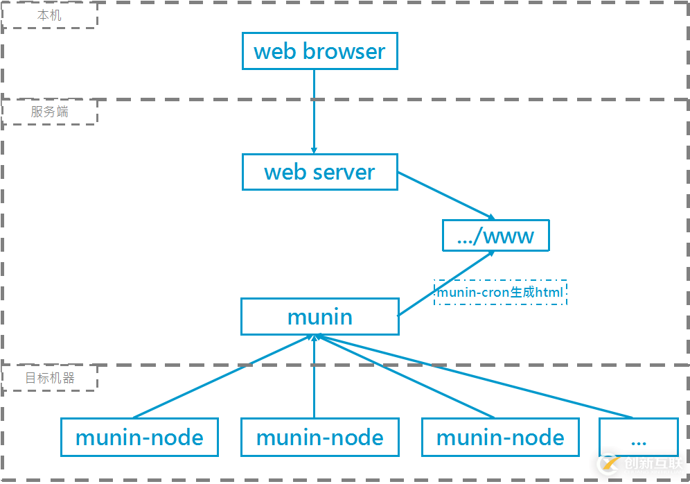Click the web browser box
[x=319, y=51]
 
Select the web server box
[x=319, y=172]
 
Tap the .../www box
[x=495, y=236]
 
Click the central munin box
[x=319, y=317]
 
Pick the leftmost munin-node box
[x=139, y=437]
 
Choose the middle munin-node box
[x=319, y=437]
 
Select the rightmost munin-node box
[x=500, y=437]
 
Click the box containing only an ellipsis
[x=638, y=437]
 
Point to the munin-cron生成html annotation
[x=500, y=293]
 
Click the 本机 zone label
[x=49, y=15]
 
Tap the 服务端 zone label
[x=49, y=112]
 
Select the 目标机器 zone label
[x=49, y=378]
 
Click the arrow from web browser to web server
[x=314, y=111]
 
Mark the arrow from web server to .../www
[x=445, y=195]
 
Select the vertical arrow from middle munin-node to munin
[x=315, y=378]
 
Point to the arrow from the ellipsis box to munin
[x=478, y=377]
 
